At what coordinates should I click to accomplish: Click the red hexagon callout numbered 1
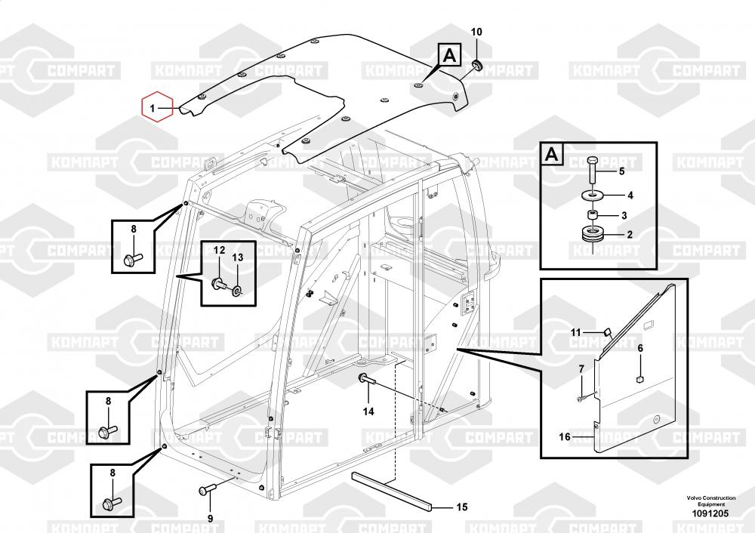[156, 109]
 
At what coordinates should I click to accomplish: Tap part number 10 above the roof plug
[476, 32]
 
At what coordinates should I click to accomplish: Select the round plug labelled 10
[477, 63]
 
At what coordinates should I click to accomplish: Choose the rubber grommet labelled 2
[593, 235]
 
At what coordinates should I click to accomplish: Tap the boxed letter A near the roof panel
[448, 54]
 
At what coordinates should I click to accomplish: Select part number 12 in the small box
[218, 250]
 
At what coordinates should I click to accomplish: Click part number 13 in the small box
[237, 257]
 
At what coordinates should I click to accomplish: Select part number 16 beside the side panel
[565, 436]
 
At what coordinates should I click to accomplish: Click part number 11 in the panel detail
[575, 332]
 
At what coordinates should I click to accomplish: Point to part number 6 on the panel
[639, 348]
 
